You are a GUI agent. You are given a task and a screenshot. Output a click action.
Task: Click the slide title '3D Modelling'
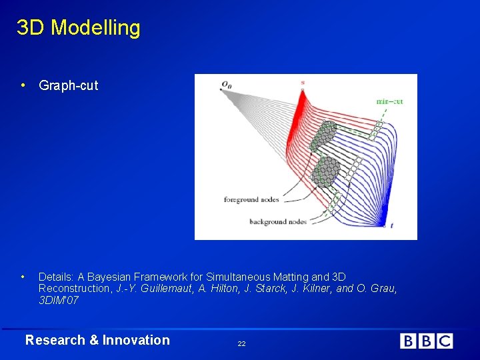(78, 28)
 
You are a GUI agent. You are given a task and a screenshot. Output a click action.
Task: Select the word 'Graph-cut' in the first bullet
(68, 85)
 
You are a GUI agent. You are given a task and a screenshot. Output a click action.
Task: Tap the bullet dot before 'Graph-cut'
(23, 85)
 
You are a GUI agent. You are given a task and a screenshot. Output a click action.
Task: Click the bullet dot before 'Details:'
(23, 276)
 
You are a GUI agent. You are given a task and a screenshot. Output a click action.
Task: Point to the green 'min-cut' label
(389, 101)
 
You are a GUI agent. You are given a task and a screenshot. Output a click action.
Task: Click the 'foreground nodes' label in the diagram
(251, 199)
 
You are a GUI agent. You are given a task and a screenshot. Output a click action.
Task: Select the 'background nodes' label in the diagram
(277, 221)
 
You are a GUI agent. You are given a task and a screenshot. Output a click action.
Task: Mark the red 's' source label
(302, 83)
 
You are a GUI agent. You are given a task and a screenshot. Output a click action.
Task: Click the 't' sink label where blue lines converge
(391, 226)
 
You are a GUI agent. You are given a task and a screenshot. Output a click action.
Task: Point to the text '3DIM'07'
(59, 301)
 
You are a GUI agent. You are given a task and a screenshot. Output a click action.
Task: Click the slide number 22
(241, 343)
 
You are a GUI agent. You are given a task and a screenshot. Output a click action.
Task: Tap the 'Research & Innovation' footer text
(97, 340)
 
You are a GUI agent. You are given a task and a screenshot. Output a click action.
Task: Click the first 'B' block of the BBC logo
(407, 341)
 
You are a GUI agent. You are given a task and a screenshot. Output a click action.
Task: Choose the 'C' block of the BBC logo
(445, 341)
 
